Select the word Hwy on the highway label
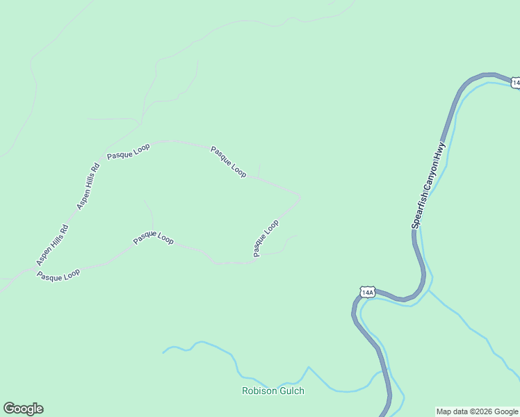click(439, 149)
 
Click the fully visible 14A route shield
click(368, 292)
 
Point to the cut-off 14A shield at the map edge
click(516, 83)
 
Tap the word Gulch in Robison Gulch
click(292, 391)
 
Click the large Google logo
click(23, 409)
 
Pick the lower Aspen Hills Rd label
click(53, 244)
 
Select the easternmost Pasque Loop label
click(266, 238)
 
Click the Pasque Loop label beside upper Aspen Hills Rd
click(129, 151)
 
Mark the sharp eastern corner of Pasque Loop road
click(301, 196)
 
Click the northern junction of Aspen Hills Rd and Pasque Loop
click(101, 161)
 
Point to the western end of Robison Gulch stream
click(163, 352)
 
